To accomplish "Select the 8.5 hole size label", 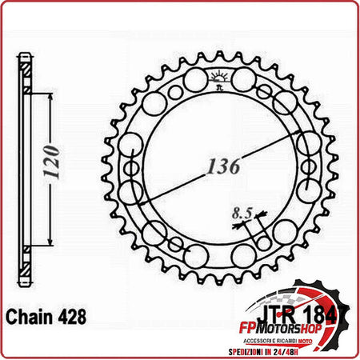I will pyautogui.click(x=239, y=213).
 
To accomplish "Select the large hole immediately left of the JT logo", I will pyautogui.click(x=194, y=81).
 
